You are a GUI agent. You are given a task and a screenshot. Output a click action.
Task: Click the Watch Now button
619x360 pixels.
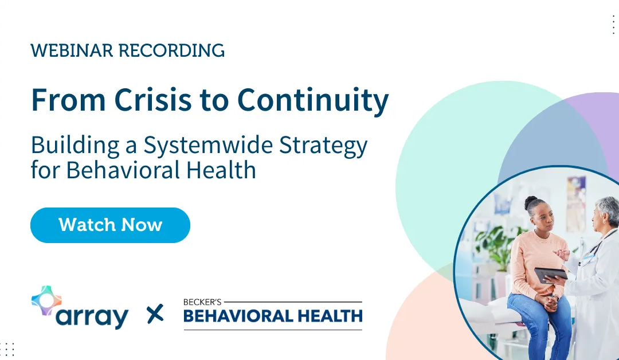pos(110,225)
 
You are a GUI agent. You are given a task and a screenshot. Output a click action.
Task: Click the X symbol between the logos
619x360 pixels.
pos(155,314)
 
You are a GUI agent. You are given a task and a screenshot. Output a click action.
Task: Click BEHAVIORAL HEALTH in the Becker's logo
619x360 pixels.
pos(273,315)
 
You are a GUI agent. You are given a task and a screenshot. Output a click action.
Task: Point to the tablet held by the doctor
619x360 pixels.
pos(550,275)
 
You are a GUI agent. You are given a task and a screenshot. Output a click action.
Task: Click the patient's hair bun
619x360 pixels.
pos(531,201)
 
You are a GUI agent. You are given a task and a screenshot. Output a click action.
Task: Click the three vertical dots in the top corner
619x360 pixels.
pos(613,25)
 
